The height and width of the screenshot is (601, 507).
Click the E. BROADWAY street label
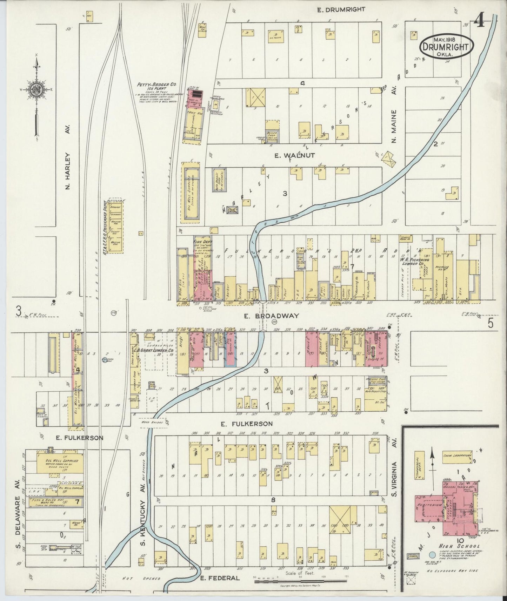point(272,316)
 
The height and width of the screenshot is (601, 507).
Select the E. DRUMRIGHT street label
point(336,10)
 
